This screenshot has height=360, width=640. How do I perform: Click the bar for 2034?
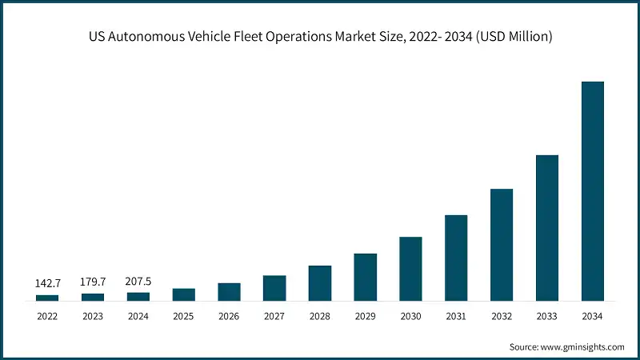pyautogui.click(x=592, y=191)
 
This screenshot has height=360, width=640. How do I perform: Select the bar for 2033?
pyautogui.click(x=546, y=228)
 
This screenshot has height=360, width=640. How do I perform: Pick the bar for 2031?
pyautogui.click(x=456, y=258)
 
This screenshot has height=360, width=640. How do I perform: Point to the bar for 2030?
pyautogui.click(x=410, y=269)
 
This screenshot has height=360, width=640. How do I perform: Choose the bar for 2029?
pyautogui.click(x=365, y=277)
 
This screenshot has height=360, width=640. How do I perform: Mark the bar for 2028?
pyautogui.click(x=320, y=283)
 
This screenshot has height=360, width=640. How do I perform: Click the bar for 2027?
pyautogui.click(x=274, y=288)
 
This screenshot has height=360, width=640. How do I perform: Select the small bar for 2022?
pyautogui.click(x=47, y=298)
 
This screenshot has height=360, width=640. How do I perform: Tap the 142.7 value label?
pyautogui.click(x=47, y=283)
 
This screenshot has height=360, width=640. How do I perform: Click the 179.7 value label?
pyautogui.click(x=93, y=282)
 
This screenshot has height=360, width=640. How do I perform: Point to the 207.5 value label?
pyautogui.click(x=138, y=281)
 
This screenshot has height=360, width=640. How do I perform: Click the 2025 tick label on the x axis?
pyautogui.click(x=183, y=317)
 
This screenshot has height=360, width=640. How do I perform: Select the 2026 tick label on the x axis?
pyautogui.click(x=229, y=317)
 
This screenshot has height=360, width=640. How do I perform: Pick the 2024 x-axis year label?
pyautogui.click(x=138, y=317)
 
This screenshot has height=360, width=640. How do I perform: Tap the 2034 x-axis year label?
pyautogui.click(x=592, y=317)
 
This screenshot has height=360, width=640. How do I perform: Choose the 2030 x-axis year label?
pyautogui.click(x=410, y=317)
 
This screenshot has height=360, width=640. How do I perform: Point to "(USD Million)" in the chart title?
pyautogui.click(x=512, y=36)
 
